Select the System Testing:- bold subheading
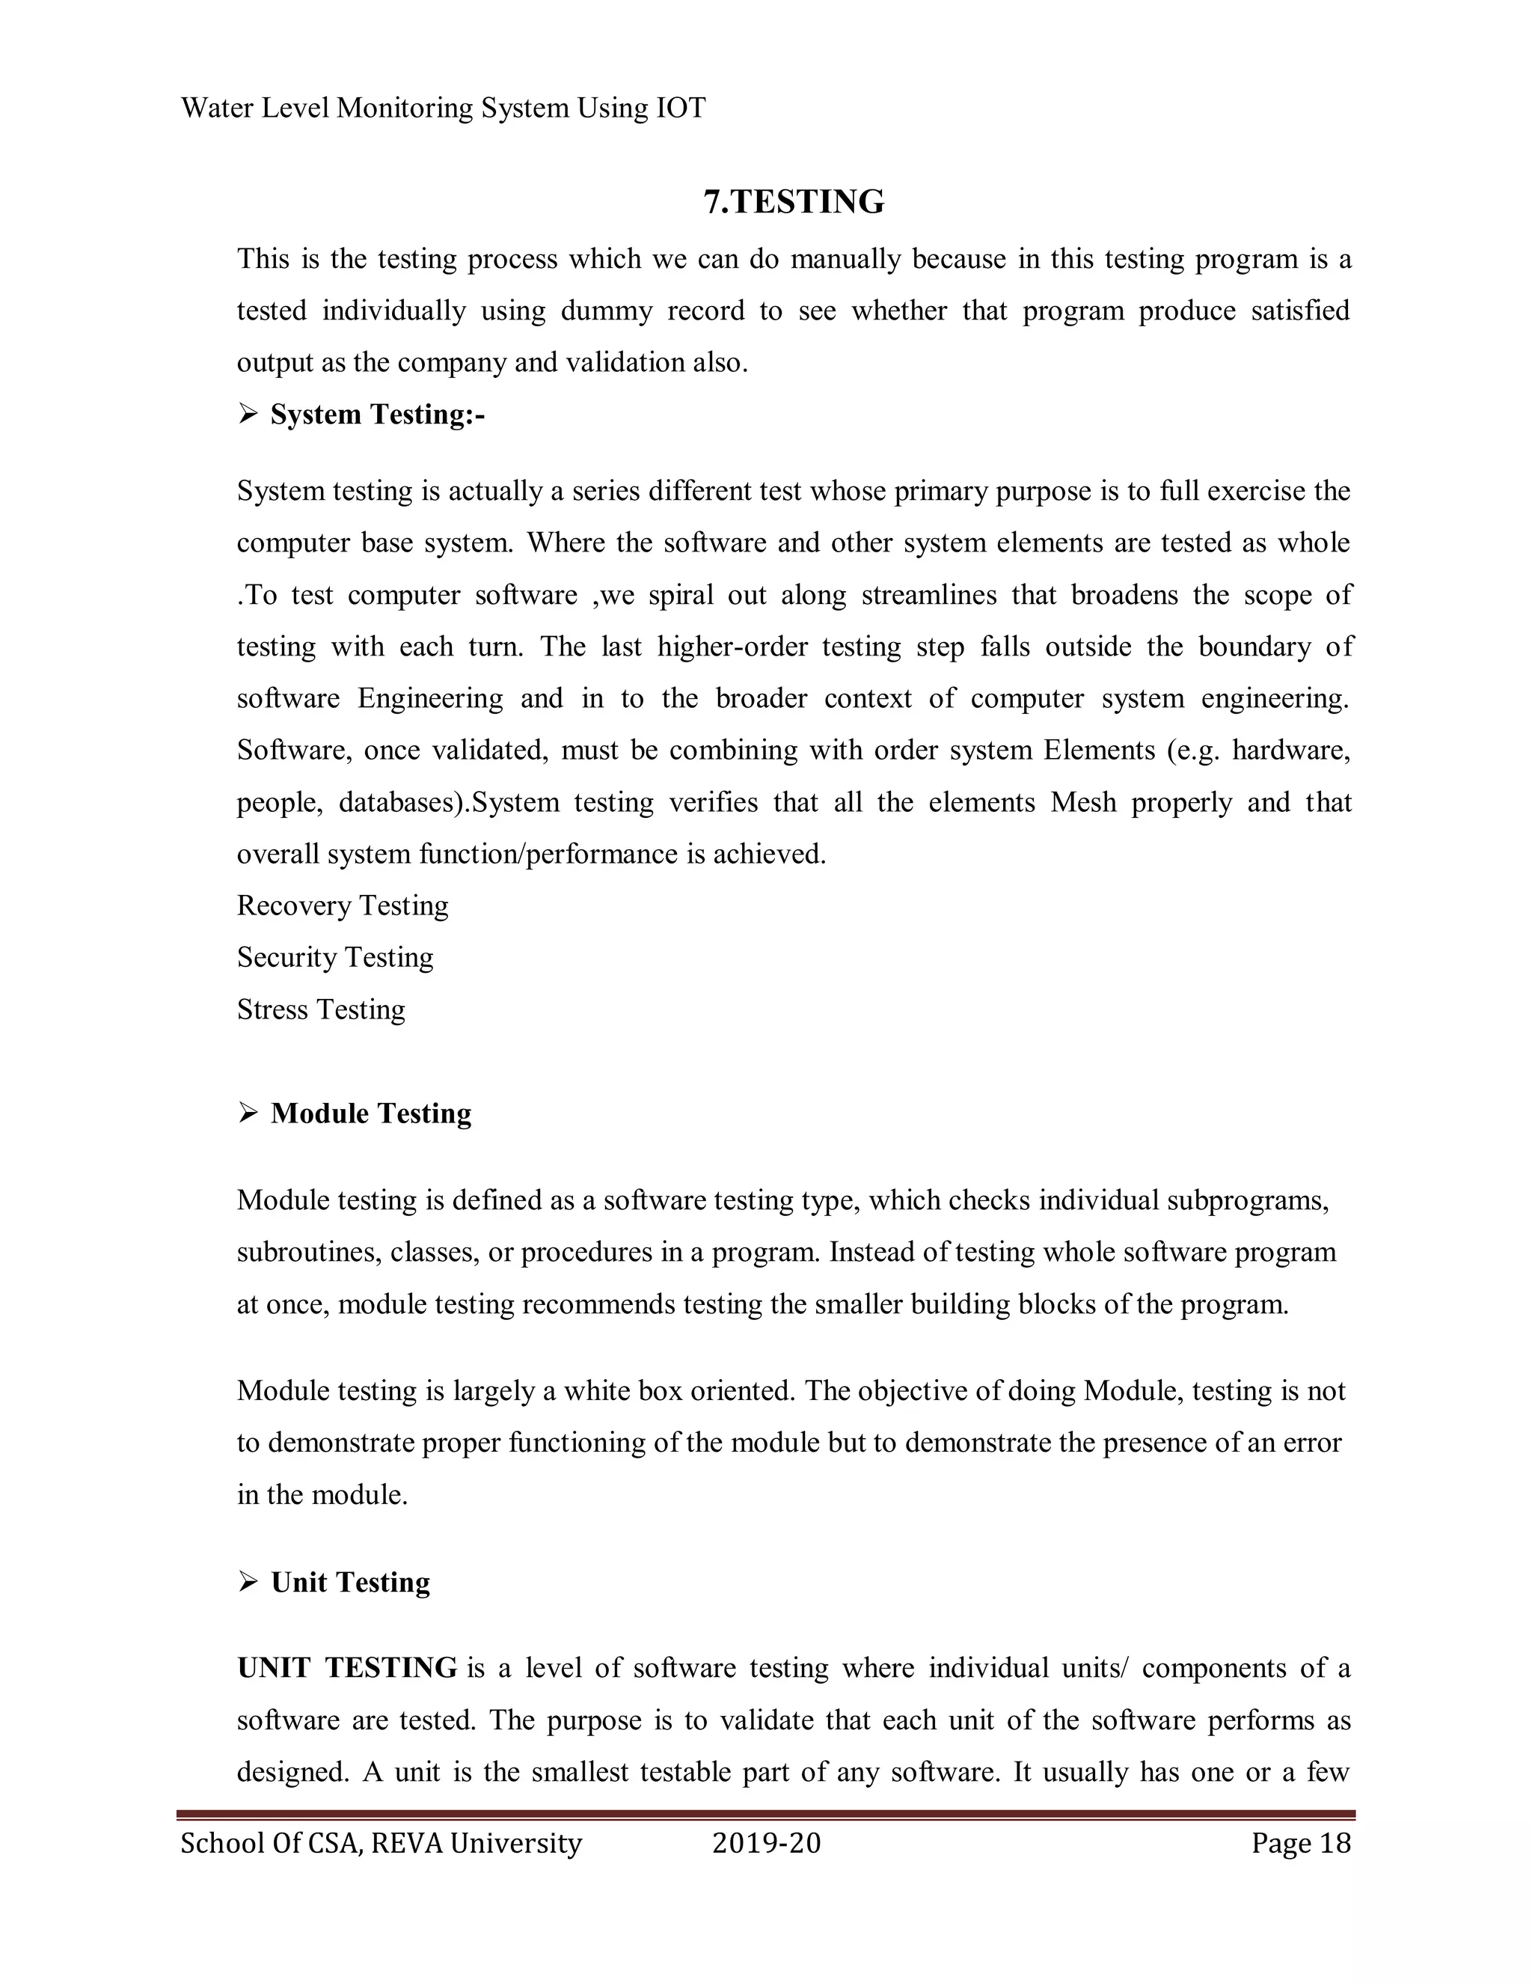pos(377,415)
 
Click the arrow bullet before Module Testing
pos(248,1113)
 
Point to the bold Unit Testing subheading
pos(350,1582)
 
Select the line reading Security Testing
pos(335,958)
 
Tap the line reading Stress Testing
pos(320,1009)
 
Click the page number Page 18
pos(1301,1843)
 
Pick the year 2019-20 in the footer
pos(766,1843)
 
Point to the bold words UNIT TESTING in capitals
pos(346,1668)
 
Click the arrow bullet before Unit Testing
pos(248,1582)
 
